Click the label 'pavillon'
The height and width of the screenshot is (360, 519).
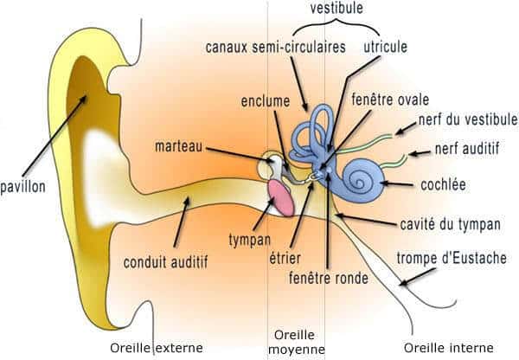pos(22,186)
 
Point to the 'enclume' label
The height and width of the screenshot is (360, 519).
pos(264,101)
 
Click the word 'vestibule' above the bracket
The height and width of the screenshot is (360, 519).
pos(337,8)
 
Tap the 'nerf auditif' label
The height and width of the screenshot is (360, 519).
pos(467,149)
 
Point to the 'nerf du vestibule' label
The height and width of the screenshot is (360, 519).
pos(467,119)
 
